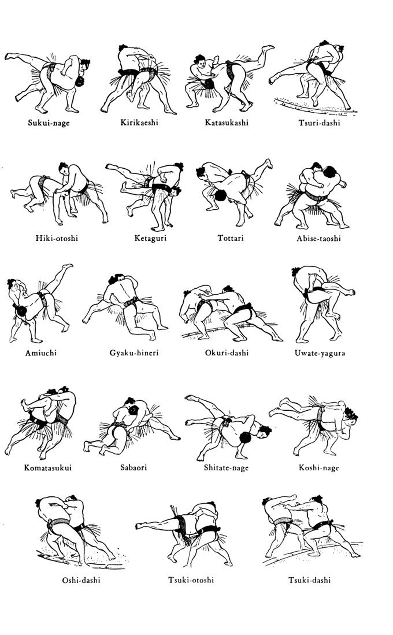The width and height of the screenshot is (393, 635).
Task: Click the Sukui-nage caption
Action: click(48, 123)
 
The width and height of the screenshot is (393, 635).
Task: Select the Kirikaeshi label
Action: click(139, 122)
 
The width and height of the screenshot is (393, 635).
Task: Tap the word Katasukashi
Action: click(226, 122)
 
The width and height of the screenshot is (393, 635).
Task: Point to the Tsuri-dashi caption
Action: click(319, 123)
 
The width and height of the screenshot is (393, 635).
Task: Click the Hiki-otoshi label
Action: click(57, 238)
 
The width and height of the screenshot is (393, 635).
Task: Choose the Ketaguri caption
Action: click(150, 238)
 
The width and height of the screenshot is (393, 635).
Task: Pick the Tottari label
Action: click(230, 238)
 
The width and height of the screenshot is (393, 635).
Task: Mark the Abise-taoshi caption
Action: click(319, 238)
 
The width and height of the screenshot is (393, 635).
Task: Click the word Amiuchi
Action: click(41, 353)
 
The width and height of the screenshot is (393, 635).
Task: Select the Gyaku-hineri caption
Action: click(134, 353)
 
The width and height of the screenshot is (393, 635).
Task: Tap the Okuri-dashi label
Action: click(227, 353)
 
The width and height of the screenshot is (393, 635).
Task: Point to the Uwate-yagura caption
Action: click(320, 353)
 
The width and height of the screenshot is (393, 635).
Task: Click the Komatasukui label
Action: click(48, 468)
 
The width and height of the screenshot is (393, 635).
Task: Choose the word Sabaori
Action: click(133, 468)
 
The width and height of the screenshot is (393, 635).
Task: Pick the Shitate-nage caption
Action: click(226, 468)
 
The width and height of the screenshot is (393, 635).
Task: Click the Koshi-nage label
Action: click(319, 468)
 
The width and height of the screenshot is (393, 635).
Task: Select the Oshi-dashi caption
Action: click(81, 580)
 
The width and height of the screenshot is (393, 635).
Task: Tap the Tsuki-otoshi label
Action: click(191, 580)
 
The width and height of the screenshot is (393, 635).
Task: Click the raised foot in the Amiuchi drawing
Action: click(68, 266)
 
